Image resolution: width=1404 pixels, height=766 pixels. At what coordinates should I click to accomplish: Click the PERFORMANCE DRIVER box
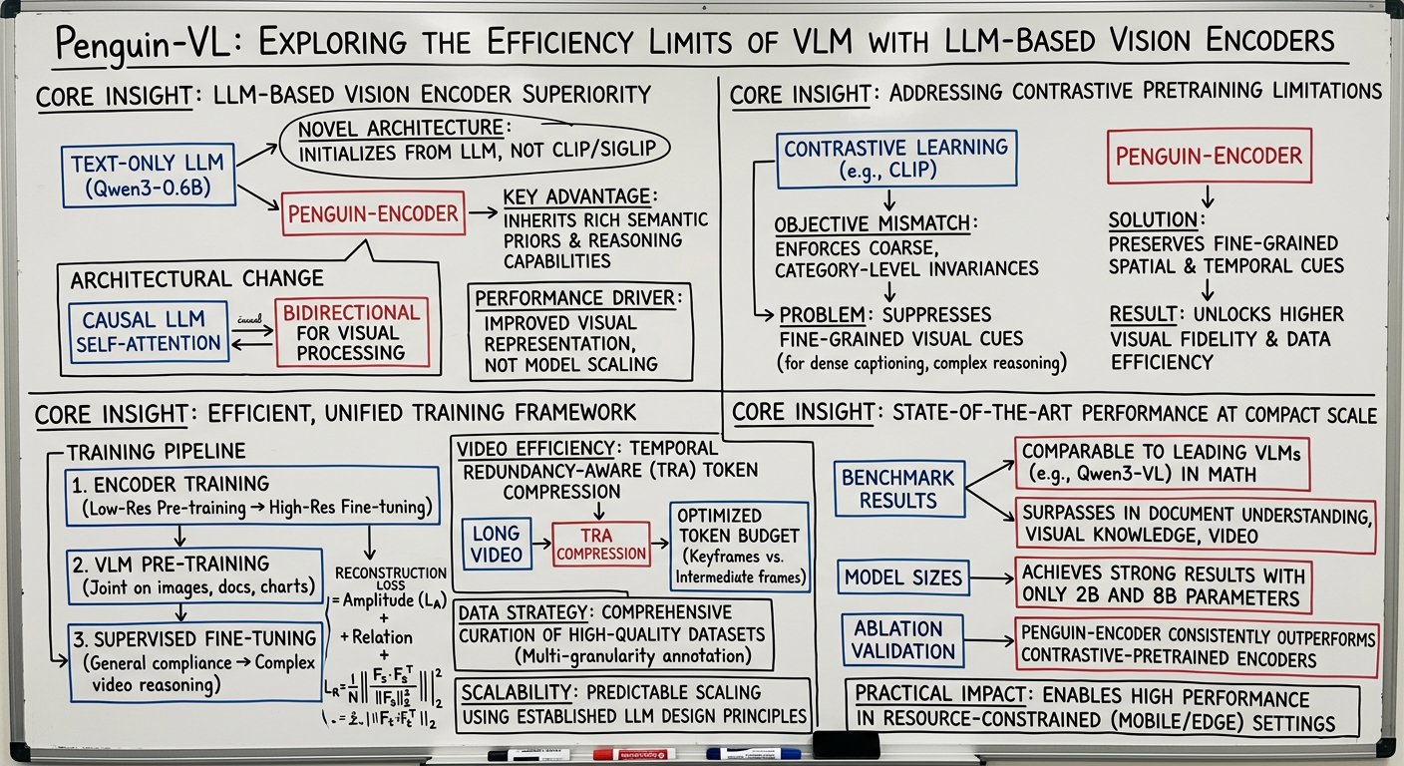582,331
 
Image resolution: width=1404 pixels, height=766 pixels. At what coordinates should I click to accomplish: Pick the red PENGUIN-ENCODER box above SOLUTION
1209,155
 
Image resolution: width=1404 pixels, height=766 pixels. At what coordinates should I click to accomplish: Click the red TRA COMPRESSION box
601,545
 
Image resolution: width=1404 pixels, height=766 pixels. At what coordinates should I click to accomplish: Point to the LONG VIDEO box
498,545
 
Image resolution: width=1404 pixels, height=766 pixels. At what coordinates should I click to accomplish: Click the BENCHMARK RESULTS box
897,487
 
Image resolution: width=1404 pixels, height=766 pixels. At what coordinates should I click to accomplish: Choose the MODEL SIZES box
902,577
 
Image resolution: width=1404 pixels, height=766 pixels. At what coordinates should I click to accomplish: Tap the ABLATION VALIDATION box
898,640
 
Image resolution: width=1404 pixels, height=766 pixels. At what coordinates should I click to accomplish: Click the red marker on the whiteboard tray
633,754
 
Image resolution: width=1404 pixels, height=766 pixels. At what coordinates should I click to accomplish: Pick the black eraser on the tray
846,745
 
